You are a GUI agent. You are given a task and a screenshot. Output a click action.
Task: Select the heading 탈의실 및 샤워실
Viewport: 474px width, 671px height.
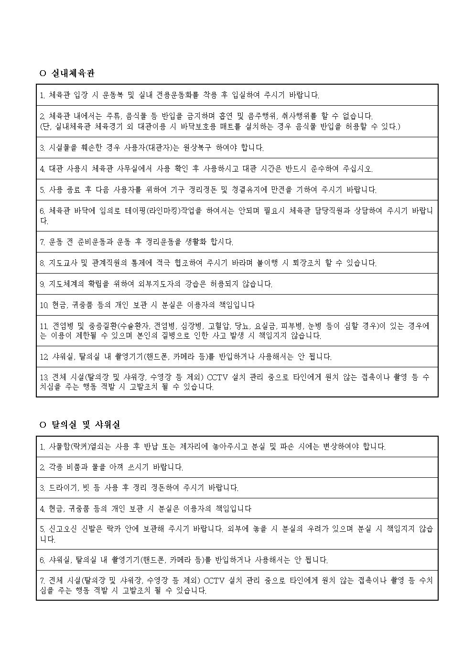click(86, 425)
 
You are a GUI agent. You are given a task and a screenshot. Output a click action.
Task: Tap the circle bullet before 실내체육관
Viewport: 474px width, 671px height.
click(42, 74)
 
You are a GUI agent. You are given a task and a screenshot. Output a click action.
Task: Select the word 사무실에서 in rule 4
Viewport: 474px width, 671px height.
click(153, 169)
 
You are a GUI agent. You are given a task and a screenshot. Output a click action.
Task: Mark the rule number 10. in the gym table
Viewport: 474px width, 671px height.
click(44, 305)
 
